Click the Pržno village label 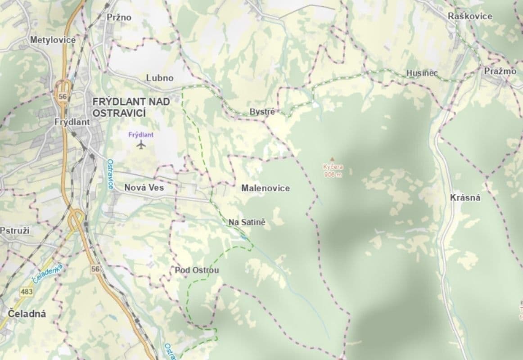pos(119,18)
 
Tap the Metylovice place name pos(53,40)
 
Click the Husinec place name pos(422,73)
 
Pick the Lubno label pos(159,78)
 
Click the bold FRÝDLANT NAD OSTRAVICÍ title pos(131,107)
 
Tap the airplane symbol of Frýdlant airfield pos(141,145)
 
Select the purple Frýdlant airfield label pos(141,135)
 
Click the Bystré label pos(261,112)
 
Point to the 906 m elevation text pos(333,175)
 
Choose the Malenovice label pos(266,188)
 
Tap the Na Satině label pos(247,222)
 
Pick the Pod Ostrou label pos(197,270)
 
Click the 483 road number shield pos(26,292)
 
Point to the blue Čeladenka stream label pos(47,273)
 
